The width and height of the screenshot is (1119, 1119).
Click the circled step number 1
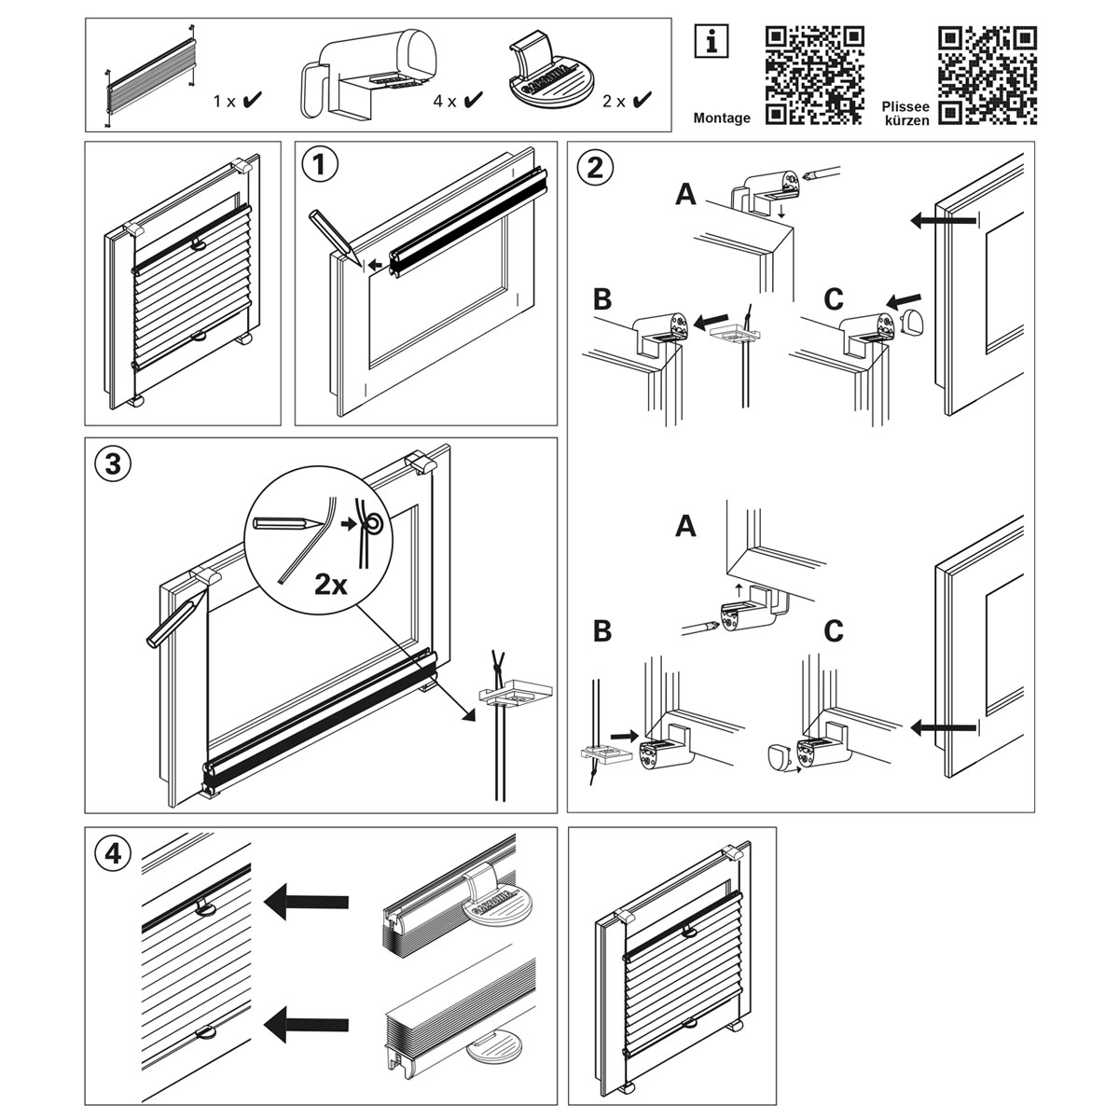click(319, 166)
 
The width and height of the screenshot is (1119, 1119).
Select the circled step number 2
click(594, 166)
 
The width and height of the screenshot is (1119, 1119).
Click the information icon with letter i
click(711, 40)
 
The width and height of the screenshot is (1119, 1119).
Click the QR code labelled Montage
click(813, 76)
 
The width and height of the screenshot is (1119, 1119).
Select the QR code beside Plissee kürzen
click(988, 76)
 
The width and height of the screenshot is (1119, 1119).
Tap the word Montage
click(722, 118)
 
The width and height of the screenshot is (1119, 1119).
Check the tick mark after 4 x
click(474, 100)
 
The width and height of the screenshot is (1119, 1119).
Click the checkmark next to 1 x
click(251, 100)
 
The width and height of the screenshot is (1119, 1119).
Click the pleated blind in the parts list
click(153, 75)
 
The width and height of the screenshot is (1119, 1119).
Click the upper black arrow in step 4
click(306, 901)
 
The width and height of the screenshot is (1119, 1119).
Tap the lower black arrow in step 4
click(306, 1026)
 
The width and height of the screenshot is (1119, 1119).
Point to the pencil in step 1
click(330, 234)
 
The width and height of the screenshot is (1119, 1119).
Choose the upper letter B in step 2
click(602, 299)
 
